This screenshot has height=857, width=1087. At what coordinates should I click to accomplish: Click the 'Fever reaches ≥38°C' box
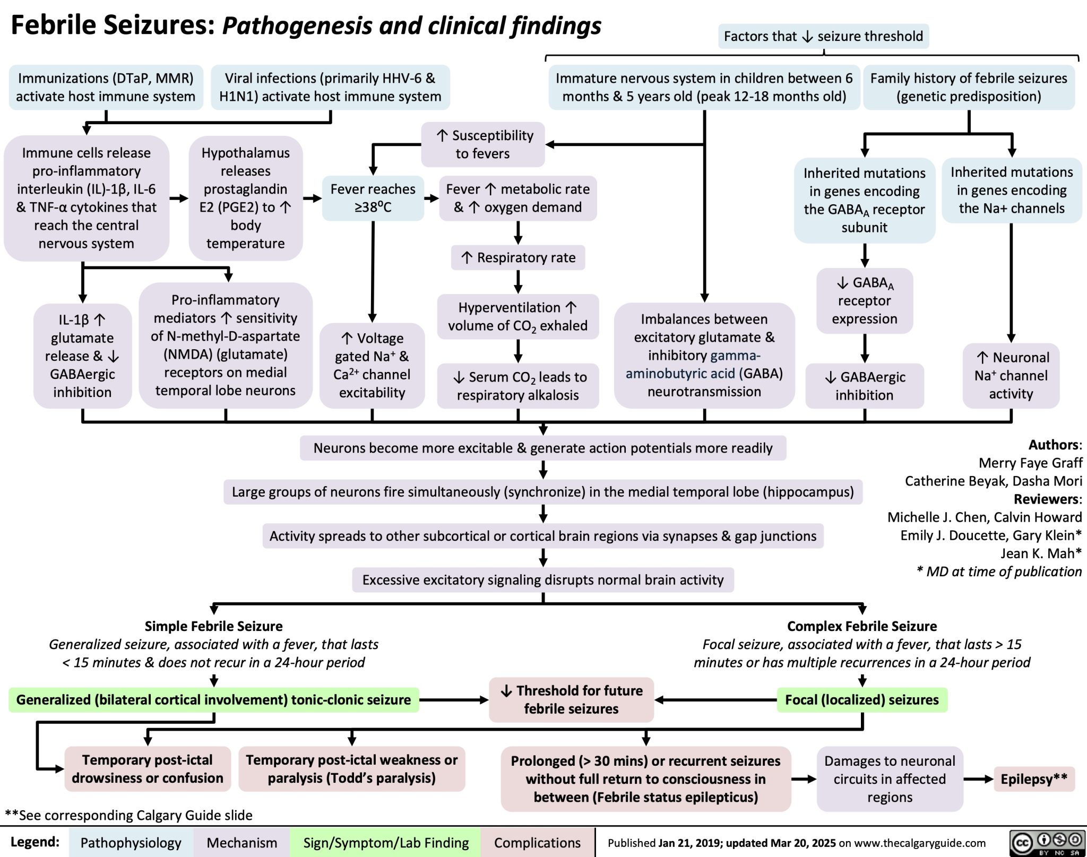(x=373, y=198)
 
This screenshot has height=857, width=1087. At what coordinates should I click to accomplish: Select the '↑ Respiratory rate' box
(x=518, y=257)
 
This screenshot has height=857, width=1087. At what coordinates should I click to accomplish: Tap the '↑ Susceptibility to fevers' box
(x=483, y=144)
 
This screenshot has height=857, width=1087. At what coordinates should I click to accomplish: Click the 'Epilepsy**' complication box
(x=1034, y=779)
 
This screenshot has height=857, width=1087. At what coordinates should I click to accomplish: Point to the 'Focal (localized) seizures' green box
(x=862, y=699)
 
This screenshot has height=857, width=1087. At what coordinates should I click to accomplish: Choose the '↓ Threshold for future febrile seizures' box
(x=571, y=699)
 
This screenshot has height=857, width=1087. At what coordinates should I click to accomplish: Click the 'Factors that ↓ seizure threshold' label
(x=823, y=36)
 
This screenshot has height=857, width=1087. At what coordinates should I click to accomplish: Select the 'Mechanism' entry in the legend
(x=241, y=843)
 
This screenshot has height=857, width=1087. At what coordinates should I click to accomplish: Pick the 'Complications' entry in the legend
(x=537, y=843)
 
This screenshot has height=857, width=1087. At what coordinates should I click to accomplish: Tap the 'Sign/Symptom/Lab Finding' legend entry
(x=386, y=843)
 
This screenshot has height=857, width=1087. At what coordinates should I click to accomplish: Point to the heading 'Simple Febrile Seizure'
(x=213, y=626)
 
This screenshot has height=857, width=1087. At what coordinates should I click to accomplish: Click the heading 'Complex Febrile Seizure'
(x=862, y=626)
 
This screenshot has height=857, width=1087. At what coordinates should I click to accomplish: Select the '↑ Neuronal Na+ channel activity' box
(x=1011, y=376)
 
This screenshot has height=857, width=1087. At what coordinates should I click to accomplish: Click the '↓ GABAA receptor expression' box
(x=865, y=301)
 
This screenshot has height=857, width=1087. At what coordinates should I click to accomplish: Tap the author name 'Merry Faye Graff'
(x=1030, y=463)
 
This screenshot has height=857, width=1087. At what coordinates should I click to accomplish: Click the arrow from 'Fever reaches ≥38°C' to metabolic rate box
(x=432, y=198)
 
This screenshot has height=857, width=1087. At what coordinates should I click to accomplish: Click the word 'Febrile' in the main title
(x=53, y=25)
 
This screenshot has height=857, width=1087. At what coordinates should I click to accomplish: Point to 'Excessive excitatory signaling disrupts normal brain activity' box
(x=543, y=579)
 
